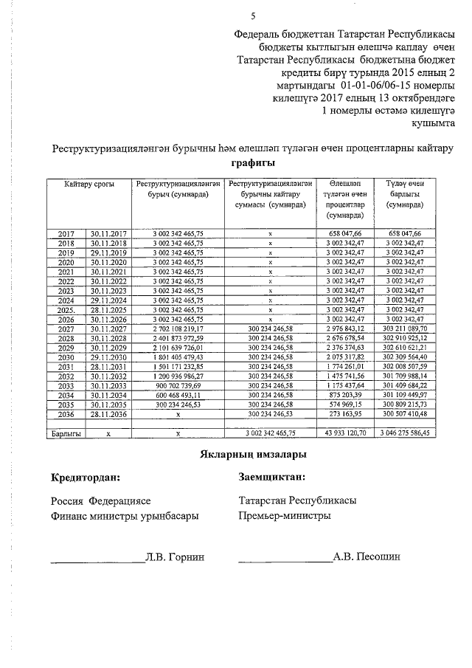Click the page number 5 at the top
(x=253, y=16)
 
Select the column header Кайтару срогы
(x=88, y=184)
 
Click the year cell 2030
(x=66, y=358)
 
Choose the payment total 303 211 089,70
(x=410, y=329)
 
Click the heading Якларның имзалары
(x=253, y=455)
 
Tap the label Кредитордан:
(x=85, y=478)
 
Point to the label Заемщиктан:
(x=272, y=478)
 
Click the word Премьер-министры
(x=285, y=516)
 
